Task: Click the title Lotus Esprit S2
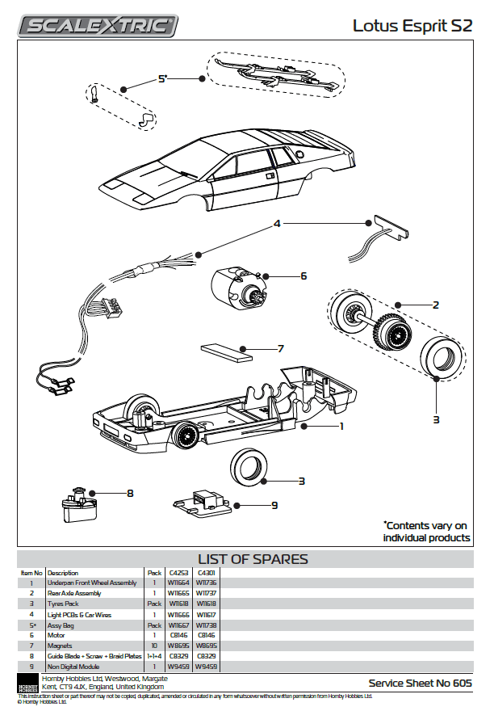point(412,26)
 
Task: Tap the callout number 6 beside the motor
point(304,276)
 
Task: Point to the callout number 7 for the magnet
point(281,349)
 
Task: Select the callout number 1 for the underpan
point(341,426)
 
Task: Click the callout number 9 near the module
point(274,505)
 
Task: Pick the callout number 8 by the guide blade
point(129,492)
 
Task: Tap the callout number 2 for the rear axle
point(436,305)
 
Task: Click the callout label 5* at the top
point(162,78)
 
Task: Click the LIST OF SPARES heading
point(253,559)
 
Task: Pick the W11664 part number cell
point(178,583)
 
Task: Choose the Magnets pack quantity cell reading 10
point(153,646)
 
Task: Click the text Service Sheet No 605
point(420,683)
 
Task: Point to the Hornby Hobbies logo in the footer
point(27,683)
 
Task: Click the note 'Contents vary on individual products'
point(426,531)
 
